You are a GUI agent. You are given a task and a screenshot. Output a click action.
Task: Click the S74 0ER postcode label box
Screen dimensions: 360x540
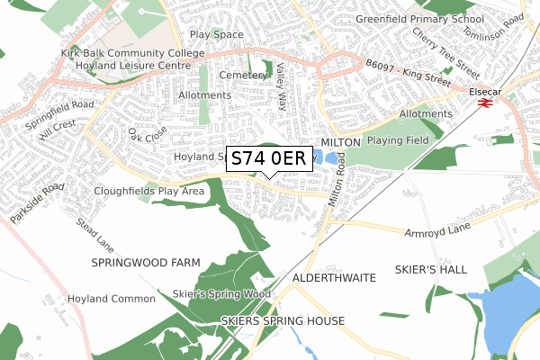pyautogui.click(x=269, y=158)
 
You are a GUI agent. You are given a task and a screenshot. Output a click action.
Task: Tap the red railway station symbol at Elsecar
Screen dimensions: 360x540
pyautogui.click(x=483, y=103)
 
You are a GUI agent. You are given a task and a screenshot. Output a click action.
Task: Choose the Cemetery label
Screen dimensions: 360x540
pyautogui.click(x=242, y=76)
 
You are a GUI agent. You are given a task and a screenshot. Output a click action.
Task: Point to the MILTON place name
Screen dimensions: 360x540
pyautogui.click(x=340, y=142)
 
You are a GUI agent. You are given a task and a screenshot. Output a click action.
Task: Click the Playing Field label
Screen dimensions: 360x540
pyautogui.click(x=400, y=142)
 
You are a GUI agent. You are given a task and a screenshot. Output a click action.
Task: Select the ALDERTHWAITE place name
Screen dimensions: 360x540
pyautogui.click(x=333, y=278)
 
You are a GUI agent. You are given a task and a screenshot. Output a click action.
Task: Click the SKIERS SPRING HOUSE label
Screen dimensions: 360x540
pyautogui.click(x=283, y=320)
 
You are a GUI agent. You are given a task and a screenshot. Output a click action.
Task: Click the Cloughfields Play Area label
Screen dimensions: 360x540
pyautogui.click(x=148, y=192)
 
